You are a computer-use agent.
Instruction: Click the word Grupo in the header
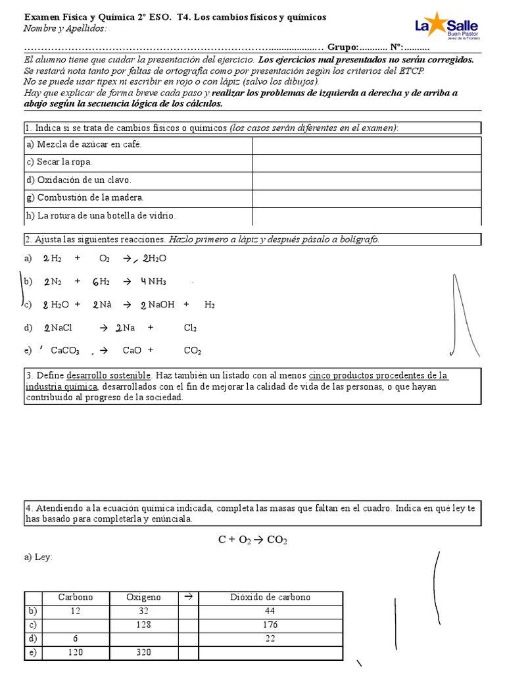point(343,47)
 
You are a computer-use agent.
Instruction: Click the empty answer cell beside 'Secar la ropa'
point(366,162)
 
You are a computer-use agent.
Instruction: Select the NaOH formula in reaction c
point(161,305)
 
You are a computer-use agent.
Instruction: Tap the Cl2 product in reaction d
point(190,328)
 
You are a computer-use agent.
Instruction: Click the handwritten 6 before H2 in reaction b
point(95,282)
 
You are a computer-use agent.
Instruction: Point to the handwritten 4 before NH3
point(143,282)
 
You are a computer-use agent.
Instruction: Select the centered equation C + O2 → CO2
point(252,540)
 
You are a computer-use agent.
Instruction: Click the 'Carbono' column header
point(76,597)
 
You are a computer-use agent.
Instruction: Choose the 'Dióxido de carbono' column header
point(270,597)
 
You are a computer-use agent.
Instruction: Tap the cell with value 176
point(270,625)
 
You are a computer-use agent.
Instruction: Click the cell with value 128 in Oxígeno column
point(143,625)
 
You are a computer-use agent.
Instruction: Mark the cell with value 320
point(143,652)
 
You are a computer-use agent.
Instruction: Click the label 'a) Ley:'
point(38,557)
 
